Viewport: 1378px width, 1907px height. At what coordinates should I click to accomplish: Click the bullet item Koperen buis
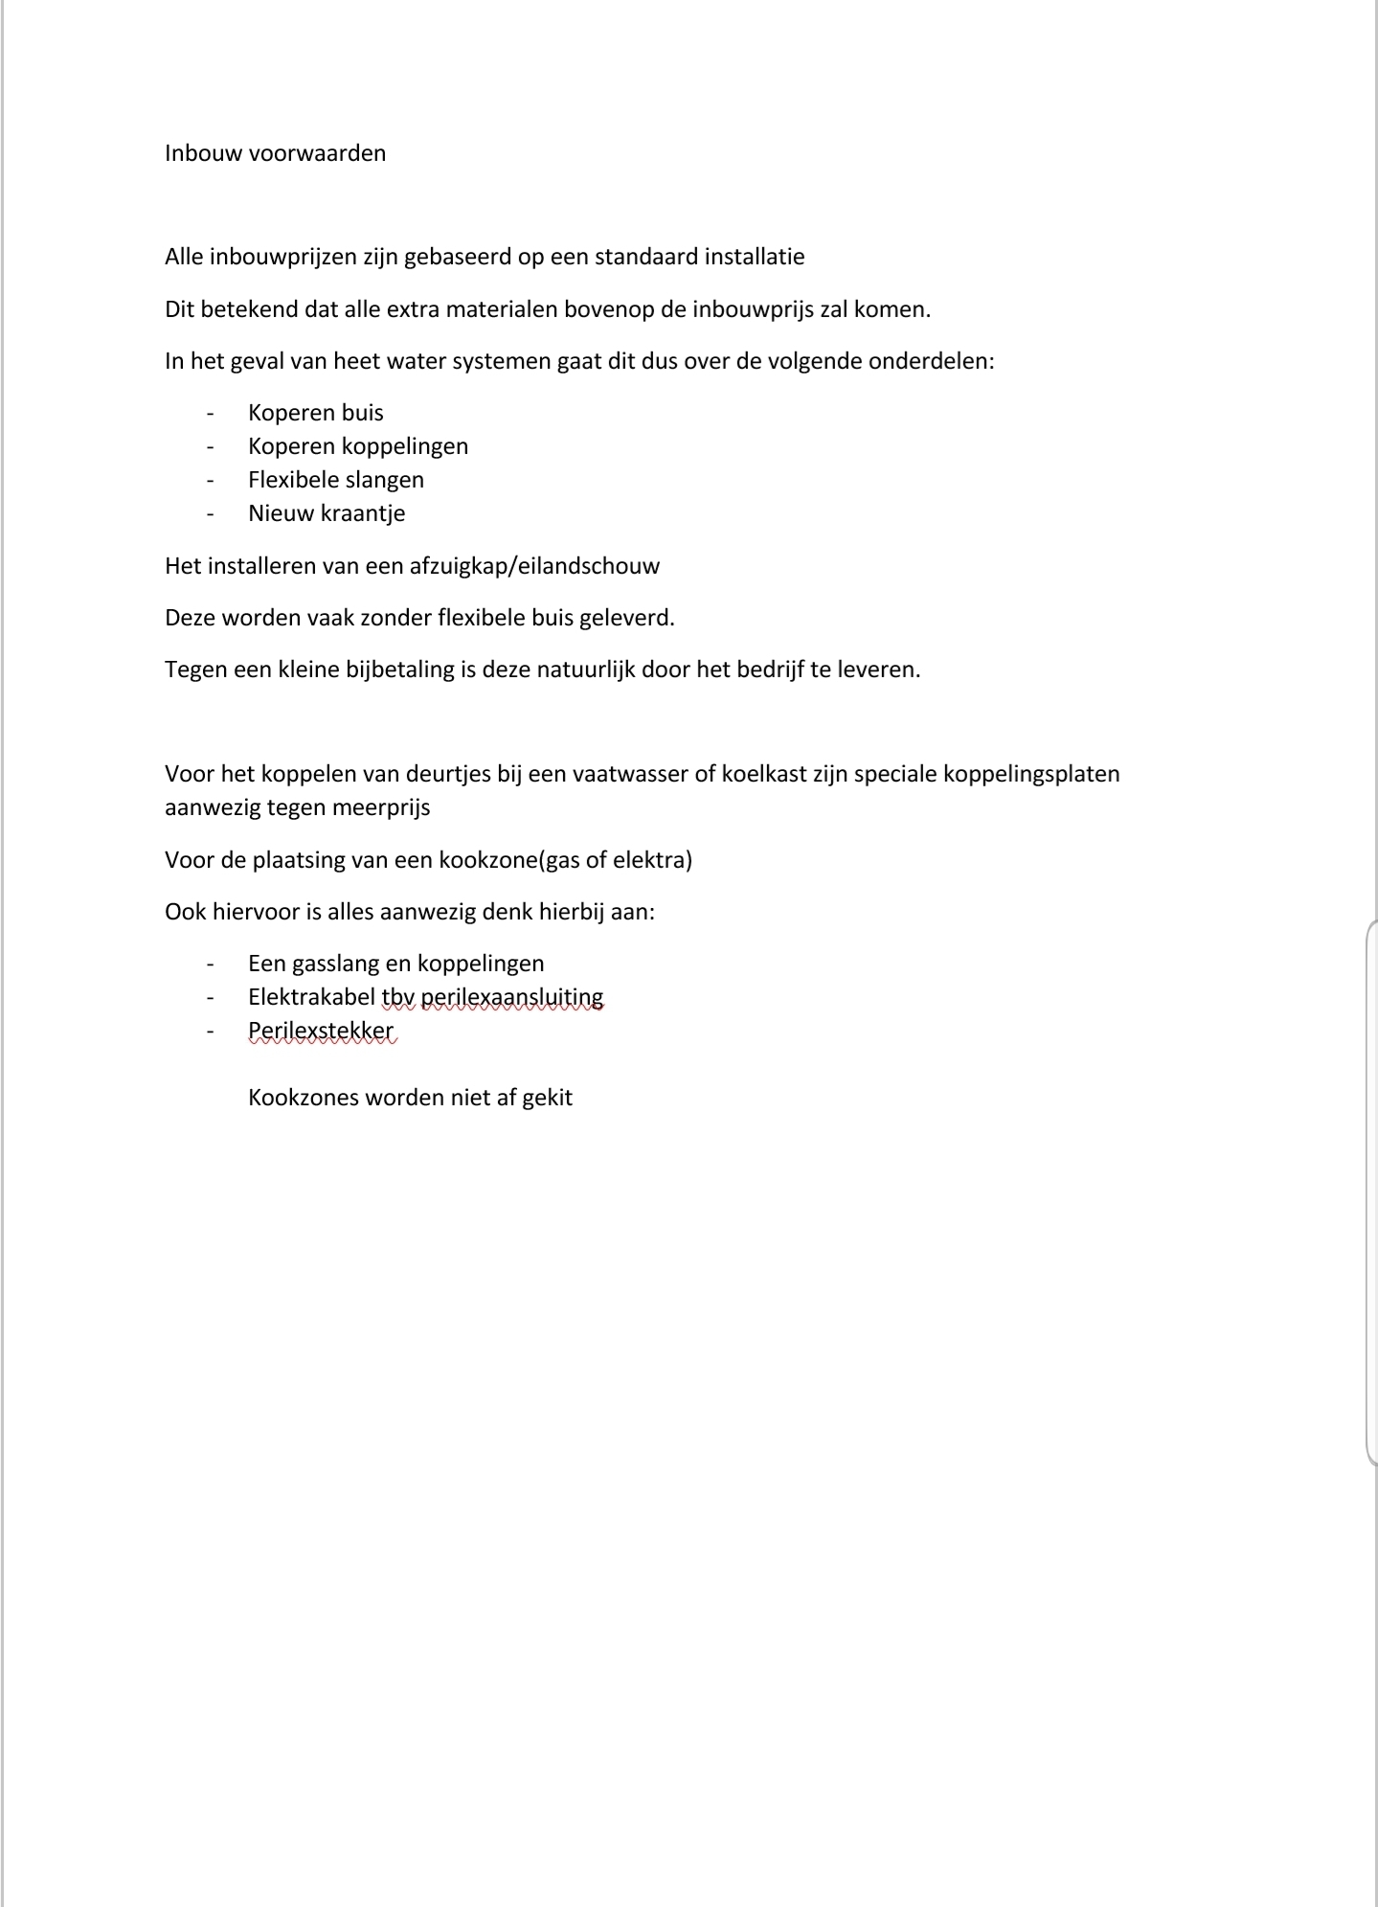[316, 413]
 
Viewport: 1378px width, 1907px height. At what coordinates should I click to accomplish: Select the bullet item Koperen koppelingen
[358, 446]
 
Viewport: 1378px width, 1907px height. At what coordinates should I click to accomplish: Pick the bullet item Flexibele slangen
[336, 480]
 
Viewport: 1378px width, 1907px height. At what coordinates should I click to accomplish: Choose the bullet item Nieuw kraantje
[327, 513]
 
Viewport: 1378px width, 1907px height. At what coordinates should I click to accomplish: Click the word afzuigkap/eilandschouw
[534, 566]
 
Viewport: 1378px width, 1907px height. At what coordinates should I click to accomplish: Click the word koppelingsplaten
[1031, 774]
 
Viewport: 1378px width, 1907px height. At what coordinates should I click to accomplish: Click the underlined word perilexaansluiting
[512, 997]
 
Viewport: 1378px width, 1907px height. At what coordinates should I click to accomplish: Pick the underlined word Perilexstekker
[321, 1032]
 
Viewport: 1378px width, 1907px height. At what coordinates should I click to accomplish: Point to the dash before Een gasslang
[210, 964]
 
